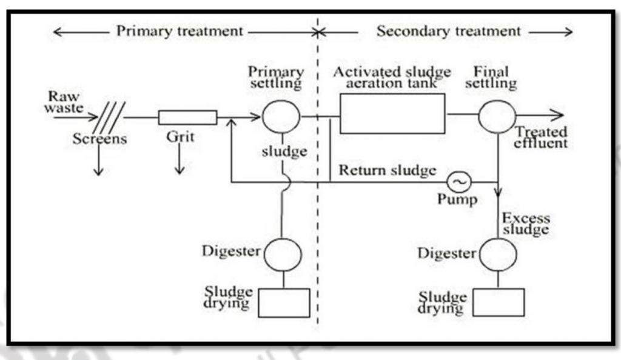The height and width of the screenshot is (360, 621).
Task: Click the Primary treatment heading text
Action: tap(180, 32)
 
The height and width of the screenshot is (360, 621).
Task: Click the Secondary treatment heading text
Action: tap(448, 32)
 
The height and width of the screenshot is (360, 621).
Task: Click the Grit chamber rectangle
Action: tap(187, 118)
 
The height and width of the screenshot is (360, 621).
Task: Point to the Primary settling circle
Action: tap(281, 117)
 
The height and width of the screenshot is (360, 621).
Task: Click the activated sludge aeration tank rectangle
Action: tap(392, 113)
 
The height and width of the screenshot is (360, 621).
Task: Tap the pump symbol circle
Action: tap(459, 181)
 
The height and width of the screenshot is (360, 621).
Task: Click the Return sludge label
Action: tap(387, 170)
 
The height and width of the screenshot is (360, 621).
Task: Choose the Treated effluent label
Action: tap(540, 138)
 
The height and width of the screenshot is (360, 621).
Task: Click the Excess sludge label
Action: tap(526, 224)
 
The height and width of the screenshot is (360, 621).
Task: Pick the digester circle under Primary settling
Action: tap(282, 254)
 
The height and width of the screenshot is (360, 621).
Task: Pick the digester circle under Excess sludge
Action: tap(498, 254)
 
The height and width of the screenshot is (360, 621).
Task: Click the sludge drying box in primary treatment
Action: tap(284, 302)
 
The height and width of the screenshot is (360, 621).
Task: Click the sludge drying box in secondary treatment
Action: tap(498, 302)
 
